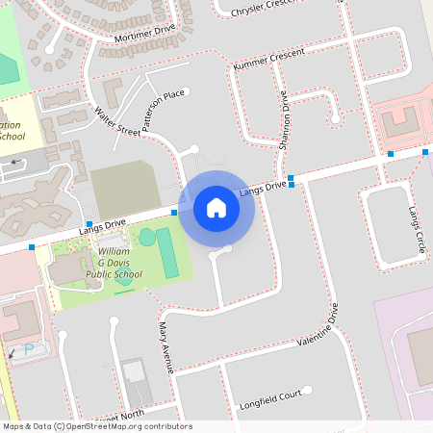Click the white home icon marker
216,207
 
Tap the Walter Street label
117,128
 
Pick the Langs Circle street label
416,229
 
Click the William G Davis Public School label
121,263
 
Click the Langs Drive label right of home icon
263,188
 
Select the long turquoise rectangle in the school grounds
167,252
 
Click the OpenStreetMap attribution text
97,426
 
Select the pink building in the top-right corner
400,122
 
